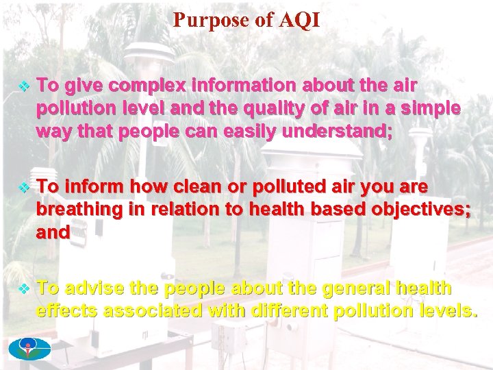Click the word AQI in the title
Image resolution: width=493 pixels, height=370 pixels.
(x=299, y=21)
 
